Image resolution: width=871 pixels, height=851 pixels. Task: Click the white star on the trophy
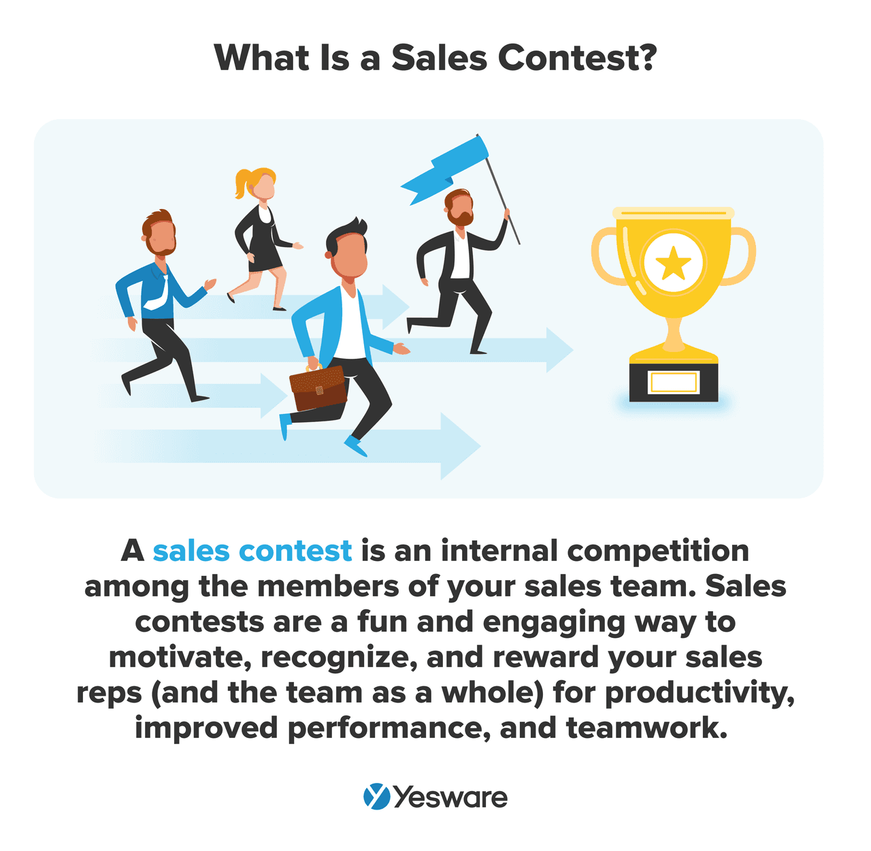[x=673, y=263]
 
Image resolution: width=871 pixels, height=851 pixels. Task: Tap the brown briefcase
[x=318, y=388]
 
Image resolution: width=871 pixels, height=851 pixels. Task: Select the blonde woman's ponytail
[x=242, y=184]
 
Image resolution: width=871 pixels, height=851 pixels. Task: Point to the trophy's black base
[x=673, y=382]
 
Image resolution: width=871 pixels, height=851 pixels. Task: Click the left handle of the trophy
[x=604, y=256]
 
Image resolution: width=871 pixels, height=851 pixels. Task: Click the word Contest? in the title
[x=577, y=58]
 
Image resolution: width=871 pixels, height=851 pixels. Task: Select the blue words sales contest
[x=252, y=550]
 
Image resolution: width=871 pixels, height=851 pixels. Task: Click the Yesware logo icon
[x=376, y=797]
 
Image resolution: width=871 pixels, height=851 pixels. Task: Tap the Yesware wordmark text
[x=450, y=797]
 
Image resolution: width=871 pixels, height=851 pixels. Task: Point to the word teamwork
[x=646, y=728]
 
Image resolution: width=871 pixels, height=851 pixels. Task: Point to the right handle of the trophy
[x=741, y=256]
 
